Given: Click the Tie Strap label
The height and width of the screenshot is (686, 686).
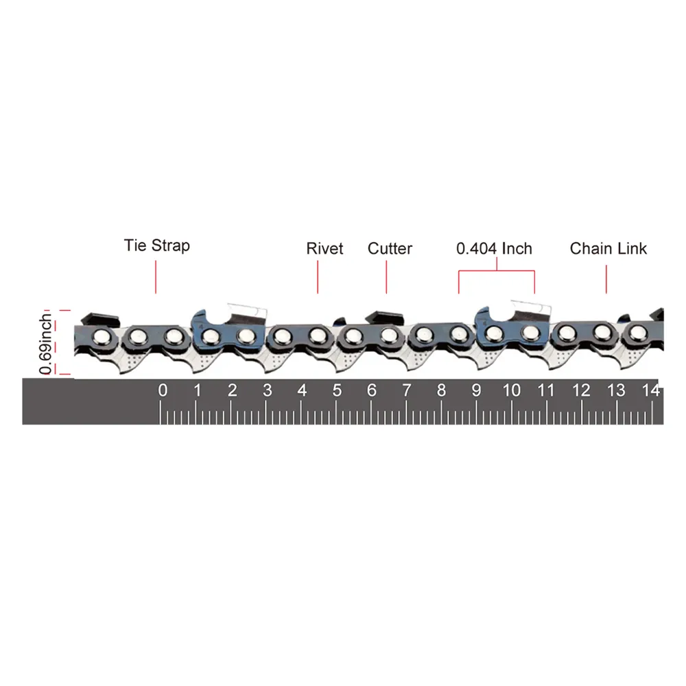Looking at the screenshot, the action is coord(157,246).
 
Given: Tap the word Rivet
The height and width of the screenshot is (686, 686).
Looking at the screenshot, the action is coord(324,248).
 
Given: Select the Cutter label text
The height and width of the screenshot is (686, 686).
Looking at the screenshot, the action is coord(390,248).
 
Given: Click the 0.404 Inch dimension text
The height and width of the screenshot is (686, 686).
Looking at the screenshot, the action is coord(495,248).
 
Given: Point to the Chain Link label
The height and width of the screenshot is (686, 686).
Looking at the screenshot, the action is coord(608,248).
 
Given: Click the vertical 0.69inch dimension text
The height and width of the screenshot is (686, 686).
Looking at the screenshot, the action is coord(45,344).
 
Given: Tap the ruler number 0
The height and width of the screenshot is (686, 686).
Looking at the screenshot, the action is coord(163,390).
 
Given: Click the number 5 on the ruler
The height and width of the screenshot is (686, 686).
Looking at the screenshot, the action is coord(337,390).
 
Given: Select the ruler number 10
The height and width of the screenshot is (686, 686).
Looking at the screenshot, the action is coord(512,390).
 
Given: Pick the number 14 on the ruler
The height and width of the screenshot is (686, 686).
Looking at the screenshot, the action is coord(650,390).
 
